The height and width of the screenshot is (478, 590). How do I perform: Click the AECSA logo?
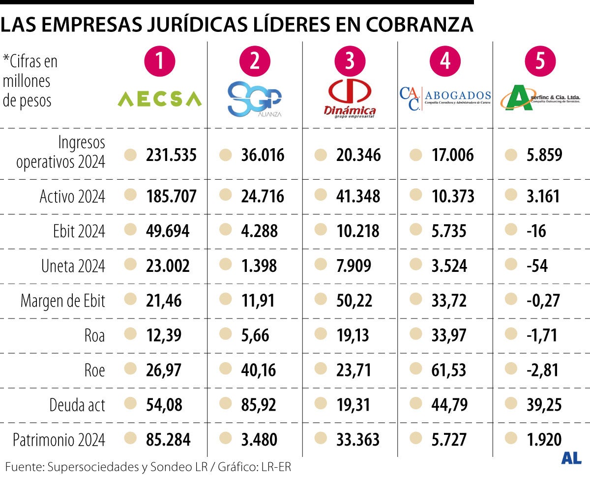(160, 99)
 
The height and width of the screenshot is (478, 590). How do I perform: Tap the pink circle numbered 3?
(350, 61)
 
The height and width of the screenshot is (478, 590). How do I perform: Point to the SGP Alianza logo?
(255, 99)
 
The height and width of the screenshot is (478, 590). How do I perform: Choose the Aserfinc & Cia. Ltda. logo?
(540, 98)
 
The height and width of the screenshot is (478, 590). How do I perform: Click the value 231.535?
(171, 156)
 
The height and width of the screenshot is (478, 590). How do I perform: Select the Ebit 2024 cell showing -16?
(539, 231)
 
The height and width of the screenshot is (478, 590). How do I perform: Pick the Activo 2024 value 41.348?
(358, 196)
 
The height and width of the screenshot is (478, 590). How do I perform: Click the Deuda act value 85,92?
(259, 405)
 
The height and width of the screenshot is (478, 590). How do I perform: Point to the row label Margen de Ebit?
(63, 301)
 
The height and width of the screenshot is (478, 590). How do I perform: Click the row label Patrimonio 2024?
(59, 440)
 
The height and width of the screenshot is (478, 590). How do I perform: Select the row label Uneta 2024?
(73, 266)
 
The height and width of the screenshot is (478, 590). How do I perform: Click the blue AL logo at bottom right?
(571, 458)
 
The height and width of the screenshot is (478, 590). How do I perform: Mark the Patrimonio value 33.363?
(358, 440)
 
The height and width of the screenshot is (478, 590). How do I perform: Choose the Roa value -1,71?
(543, 336)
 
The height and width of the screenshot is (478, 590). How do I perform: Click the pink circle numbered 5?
(540, 61)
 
